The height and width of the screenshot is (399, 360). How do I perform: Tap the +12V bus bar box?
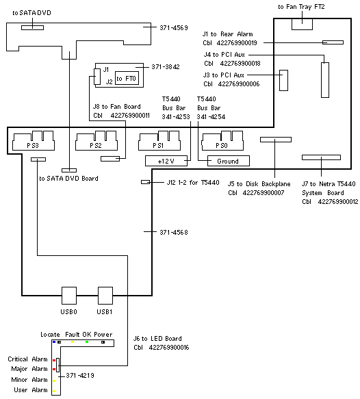coord(166,161)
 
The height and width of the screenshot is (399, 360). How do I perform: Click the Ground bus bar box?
coord(229,161)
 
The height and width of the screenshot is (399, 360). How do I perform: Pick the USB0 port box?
coord(69,296)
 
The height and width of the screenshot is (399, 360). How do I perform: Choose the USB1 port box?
coord(105,296)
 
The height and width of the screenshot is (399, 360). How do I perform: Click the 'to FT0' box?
coord(127,79)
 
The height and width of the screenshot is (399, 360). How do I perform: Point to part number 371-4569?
coord(174,28)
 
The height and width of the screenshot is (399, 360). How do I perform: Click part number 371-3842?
coord(166,67)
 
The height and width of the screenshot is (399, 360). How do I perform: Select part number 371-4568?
coord(174,232)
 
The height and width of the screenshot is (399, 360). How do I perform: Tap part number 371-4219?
coord(80,375)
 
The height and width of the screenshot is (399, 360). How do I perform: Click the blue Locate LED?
coord(54,342)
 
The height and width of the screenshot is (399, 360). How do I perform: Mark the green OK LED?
coord(87,342)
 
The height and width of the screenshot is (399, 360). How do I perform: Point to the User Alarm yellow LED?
coord(54,391)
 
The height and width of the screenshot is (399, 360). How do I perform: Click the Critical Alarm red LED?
coord(54,360)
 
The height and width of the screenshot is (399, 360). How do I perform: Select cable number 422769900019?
coord(237,42)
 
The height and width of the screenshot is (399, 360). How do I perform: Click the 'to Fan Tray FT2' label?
coord(302,7)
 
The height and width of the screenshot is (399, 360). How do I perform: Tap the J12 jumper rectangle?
coord(146,182)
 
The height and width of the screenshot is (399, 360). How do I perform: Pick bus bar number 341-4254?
coord(211,117)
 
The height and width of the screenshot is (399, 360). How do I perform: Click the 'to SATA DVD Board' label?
coord(68,179)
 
